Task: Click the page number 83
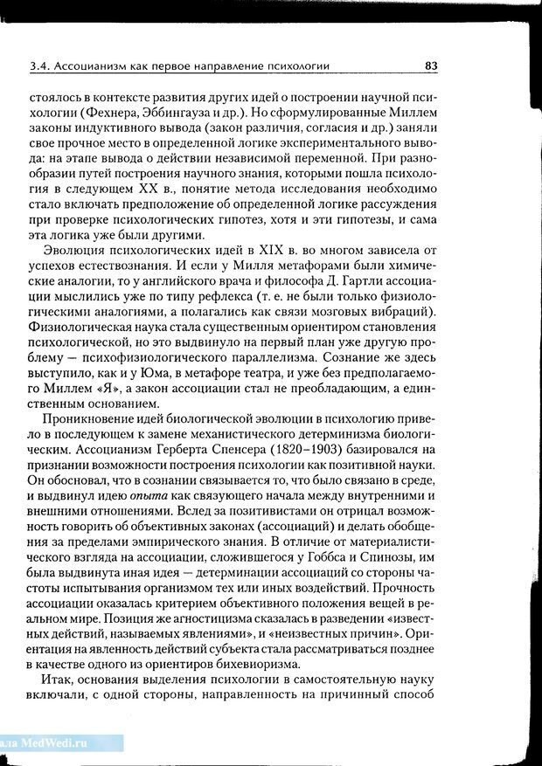430,65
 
